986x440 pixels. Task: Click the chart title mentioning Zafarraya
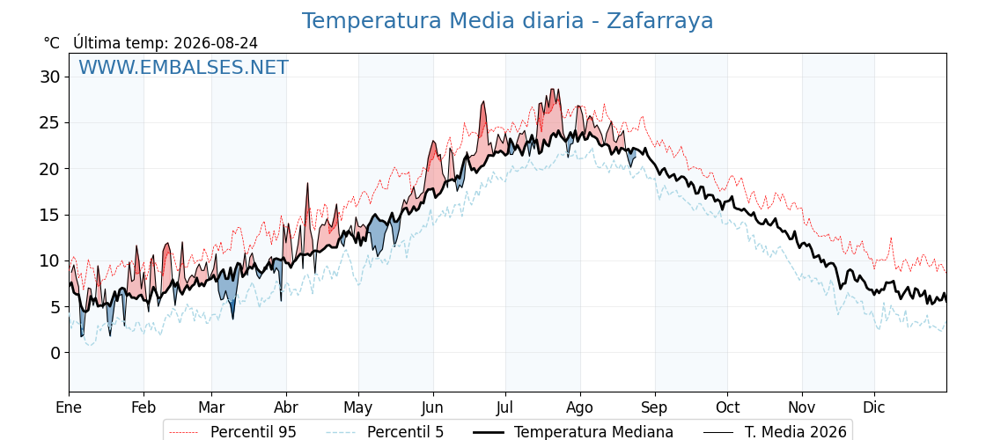pos(507,21)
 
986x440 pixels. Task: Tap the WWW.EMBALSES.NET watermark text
pos(184,67)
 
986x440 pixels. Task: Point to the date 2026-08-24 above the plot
pos(216,43)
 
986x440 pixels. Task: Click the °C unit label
pos(52,43)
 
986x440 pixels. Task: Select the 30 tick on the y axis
pos(51,77)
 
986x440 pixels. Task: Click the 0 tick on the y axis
pos(56,353)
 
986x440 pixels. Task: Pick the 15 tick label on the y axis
pos(51,215)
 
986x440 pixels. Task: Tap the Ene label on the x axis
pos(70,408)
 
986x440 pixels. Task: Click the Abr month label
pos(286,408)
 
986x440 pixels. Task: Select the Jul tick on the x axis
pos(505,408)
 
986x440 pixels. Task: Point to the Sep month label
pos(655,408)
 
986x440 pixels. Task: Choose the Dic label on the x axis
pos(874,408)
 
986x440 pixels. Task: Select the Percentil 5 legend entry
pos(386,432)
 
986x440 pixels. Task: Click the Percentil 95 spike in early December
pos(890,239)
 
